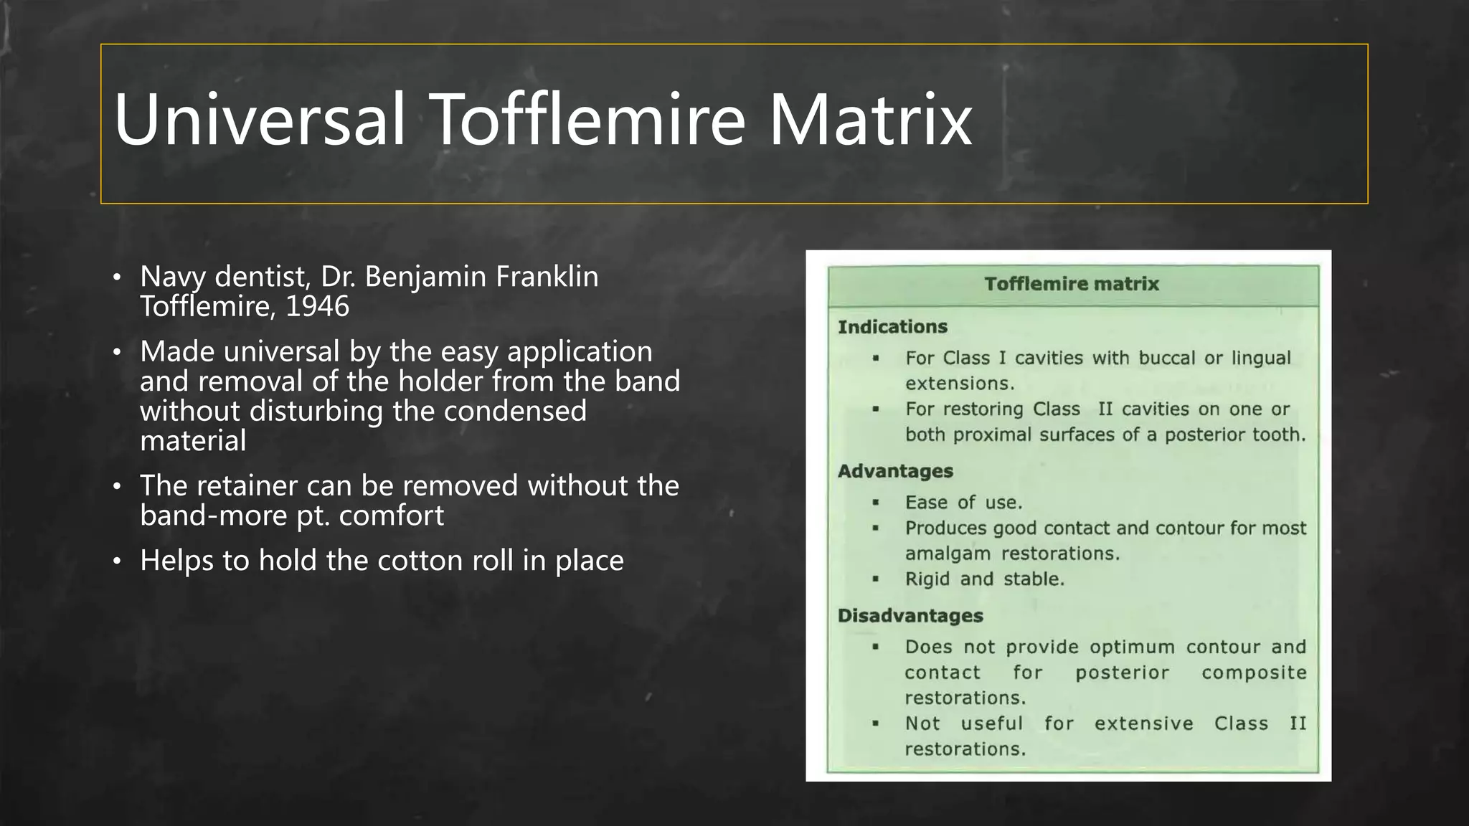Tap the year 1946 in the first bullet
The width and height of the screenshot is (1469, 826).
pyautogui.click(x=317, y=307)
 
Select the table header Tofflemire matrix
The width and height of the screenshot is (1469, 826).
pyautogui.click(x=1072, y=284)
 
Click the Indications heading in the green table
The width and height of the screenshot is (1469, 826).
pyautogui.click(x=892, y=327)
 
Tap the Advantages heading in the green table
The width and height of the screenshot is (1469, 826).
pyautogui.click(x=895, y=471)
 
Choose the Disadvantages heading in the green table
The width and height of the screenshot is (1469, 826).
pyautogui.click(x=910, y=616)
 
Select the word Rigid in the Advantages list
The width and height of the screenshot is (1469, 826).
pyautogui.click(x=927, y=579)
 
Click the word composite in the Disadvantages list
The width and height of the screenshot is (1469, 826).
pyautogui.click(x=1254, y=673)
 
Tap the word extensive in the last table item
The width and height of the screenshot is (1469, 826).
pyautogui.click(x=1143, y=723)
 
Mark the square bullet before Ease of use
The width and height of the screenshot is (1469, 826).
pyautogui.click(x=875, y=503)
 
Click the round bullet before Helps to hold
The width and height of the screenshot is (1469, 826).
pyautogui.click(x=117, y=561)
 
